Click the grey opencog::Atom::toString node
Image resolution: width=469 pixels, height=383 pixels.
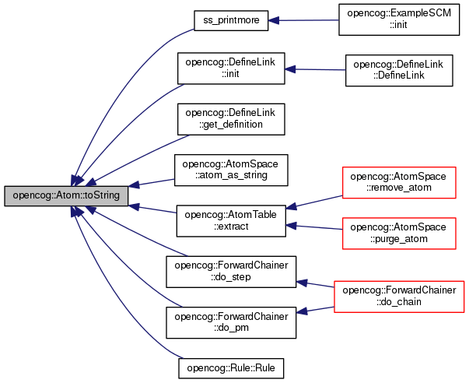point(66,195)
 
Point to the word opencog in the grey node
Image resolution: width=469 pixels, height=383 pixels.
point(31,195)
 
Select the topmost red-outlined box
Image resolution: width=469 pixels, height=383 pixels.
point(399,183)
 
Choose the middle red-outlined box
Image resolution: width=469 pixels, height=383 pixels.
point(399,234)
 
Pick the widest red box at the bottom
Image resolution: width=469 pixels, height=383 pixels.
point(399,297)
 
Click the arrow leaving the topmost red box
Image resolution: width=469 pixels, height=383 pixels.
point(315,202)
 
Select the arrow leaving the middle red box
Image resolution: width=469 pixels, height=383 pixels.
point(315,227)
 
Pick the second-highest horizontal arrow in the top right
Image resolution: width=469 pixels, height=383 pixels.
point(315,69)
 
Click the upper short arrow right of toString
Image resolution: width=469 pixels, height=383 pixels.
point(152,182)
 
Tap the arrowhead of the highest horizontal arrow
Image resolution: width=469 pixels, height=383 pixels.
point(273,20)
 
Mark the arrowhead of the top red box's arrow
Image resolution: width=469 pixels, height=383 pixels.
point(291,207)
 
